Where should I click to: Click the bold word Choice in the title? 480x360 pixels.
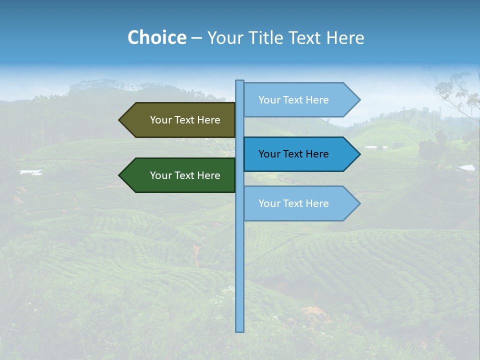pyautogui.click(x=156, y=37)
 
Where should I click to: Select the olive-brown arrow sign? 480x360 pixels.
pyautogui.click(x=180, y=120)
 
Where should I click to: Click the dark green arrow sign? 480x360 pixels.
pyautogui.click(x=180, y=175)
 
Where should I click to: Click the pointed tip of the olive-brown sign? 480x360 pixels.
pyautogui.click(x=120, y=120)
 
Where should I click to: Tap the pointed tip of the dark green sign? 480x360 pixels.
pyautogui.click(x=120, y=175)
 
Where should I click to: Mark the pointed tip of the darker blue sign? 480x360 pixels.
pyautogui.click(x=358, y=154)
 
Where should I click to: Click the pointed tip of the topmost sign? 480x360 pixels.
pyautogui.click(x=358, y=100)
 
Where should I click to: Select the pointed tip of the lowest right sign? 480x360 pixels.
pyautogui.click(x=358, y=203)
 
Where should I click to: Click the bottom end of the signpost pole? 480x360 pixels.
pyautogui.click(x=240, y=330)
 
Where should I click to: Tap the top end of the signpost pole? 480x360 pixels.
pyautogui.click(x=240, y=81)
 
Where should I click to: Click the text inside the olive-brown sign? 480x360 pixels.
pyautogui.click(x=185, y=120)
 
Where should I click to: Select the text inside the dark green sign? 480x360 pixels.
pyautogui.click(x=185, y=175)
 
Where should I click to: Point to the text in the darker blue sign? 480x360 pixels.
pyautogui.click(x=293, y=154)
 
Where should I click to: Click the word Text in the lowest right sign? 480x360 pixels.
pyautogui.click(x=293, y=203)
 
